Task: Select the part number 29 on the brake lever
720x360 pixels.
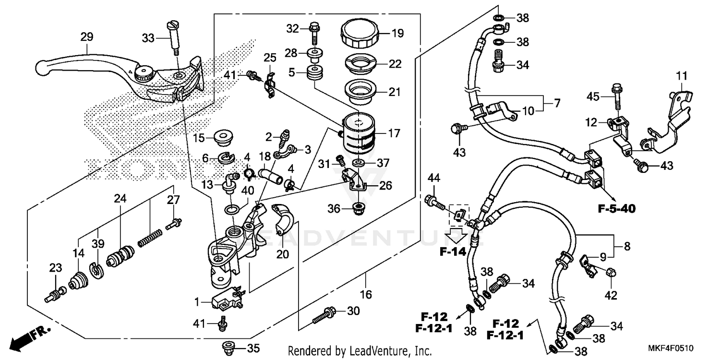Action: (87, 37)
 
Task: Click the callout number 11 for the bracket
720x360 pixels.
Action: (682, 76)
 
